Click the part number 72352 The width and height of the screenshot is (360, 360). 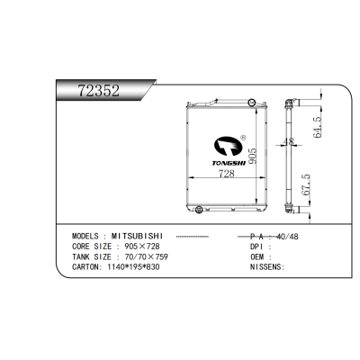click(x=100, y=91)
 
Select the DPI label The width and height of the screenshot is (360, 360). click(x=256, y=246)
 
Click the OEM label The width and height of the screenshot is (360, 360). click(x=256, y=256)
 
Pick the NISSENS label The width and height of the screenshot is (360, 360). click(x=266, y=267)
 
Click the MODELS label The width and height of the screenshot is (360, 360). click(x=90, y=235)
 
